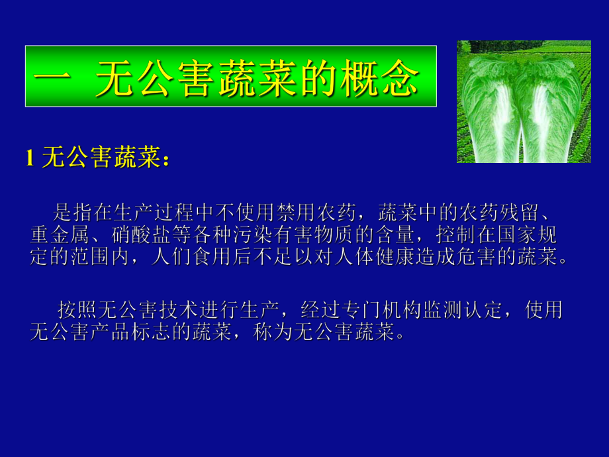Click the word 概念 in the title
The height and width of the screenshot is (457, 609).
tap(383, 80)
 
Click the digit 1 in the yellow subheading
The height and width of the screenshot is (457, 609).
tap(29, 158)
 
